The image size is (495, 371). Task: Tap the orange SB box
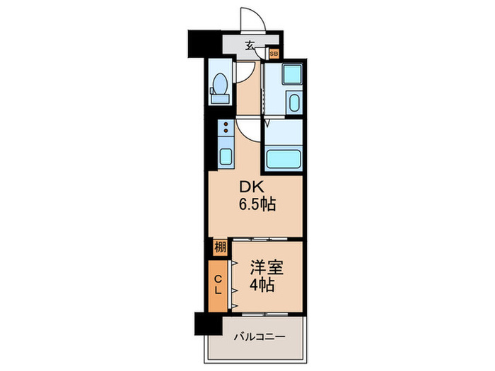pyautogui.click(x=274, y=54)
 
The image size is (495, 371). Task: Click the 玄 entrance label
pyautogui.click(x=250, y=46)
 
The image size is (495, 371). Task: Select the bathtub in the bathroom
pyautogui.click(x=284, y=159)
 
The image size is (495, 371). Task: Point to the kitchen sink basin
pyautogui.click(x=226, y=156)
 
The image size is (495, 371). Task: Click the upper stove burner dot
pyautogui.click(x=226, y=124)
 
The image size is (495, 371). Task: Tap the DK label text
pyautogui.click(x=251, y=187)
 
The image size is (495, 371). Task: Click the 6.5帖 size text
pyautogui.click(x=257, y=204)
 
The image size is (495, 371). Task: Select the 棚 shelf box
pyautogui.click(x=220, y=247)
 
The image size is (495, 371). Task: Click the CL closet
pyautogui.click(x=218, y=285)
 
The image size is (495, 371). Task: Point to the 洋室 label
pyautogui.click(x=267, y=268)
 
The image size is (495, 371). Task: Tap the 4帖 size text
pyautogui.click(x=262, y=285)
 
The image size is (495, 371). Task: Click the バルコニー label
pyautogui.click(x=260, y=337)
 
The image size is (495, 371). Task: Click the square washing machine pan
pyautogui.click(x=292, y=74)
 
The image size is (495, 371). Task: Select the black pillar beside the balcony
pyautogui.click(x=209, y=324)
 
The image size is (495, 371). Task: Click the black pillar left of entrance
pyautogui.click(x=204, y=44)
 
